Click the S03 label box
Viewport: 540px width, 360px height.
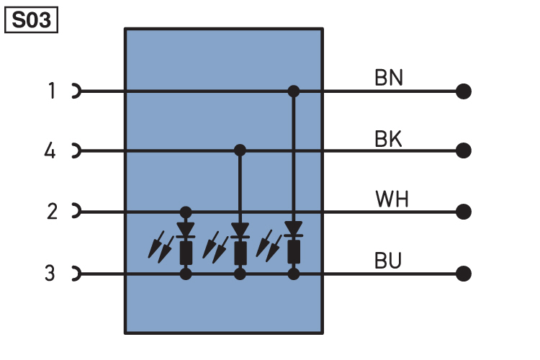(31, 20)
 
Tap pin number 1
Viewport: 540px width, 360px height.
(52, 91)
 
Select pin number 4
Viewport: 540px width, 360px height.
(50, 150)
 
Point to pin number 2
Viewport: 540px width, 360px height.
(52, 211)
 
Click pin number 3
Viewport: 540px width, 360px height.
(50, 273)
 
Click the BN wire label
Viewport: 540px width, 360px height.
(389, 78)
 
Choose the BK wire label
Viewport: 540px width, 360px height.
(388, 139)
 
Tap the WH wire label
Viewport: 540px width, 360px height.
(392, 199)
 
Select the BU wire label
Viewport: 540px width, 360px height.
(388, 261)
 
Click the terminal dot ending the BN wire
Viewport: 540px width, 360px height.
(464, 91)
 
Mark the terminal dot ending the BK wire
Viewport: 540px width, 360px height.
(464, 150)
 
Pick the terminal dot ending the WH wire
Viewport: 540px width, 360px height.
(464, 212)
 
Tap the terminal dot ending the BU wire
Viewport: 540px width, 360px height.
(464, 274)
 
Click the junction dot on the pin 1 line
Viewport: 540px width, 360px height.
(294, 91)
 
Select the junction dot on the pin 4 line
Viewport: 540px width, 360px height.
(240, 150)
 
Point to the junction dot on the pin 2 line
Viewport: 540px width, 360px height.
(186, 212)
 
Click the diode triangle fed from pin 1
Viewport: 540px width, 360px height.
(294, 228)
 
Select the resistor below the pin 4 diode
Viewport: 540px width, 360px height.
(240, 253)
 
